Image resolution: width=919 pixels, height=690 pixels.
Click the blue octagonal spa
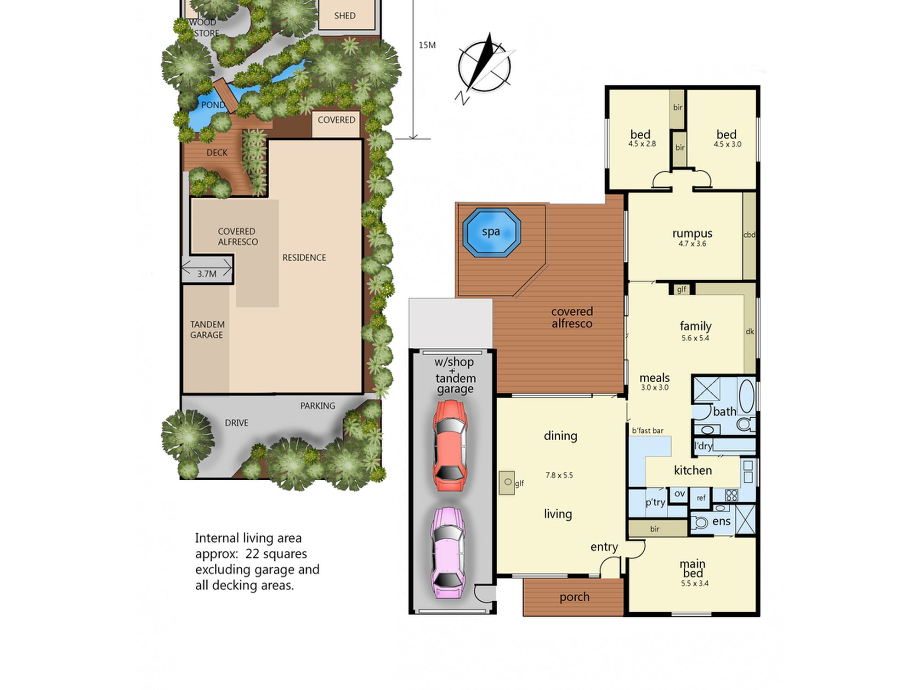pyautogui.click(x=491, y=232)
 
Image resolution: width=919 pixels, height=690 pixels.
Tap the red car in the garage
pyautogui.click(x=450, y=445)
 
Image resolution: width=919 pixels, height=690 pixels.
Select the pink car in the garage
pyautogui.click(x=448, y=552)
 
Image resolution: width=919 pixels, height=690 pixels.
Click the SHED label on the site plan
pyautogui.click(x=345, y=16)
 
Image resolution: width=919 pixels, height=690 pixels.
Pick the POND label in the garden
pyautogui.click(x=213, y=105)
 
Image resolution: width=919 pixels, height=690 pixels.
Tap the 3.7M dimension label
pyautogui.click(x=207, y=274)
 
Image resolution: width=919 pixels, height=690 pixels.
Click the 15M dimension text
pyautogui.click(x=427, y=45)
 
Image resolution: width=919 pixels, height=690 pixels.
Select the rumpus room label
pyautogui.click(x=692, y=234)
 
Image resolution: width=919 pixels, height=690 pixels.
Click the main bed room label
pyautogui.click(x=692, y=569)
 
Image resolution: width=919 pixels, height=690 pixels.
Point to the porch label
pyautogui.click(x=574, y=597)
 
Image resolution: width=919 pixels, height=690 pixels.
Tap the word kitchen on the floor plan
pyautogui.click(x=693, y=470)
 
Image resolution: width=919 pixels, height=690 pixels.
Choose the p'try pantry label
pyautogui.click(x=655, y=502)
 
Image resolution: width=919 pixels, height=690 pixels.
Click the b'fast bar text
pyautogui.click(x=647, y=431)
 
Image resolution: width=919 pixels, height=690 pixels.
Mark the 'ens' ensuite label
pyautogui.click(x=721, y=522)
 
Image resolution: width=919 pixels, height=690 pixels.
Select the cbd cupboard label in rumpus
pyautogui.click(x=749, y=235)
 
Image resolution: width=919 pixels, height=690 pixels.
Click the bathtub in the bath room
pyautogui.click(x=747, y=396)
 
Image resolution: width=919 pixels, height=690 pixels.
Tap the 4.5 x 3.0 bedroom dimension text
pyautogui.click(x=727, y=144)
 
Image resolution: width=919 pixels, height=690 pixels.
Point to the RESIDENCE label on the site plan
pyautogui.click(x=304, y=258)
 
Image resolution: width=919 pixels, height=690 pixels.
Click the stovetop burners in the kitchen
pyautogui.click(x=732, y=495)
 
